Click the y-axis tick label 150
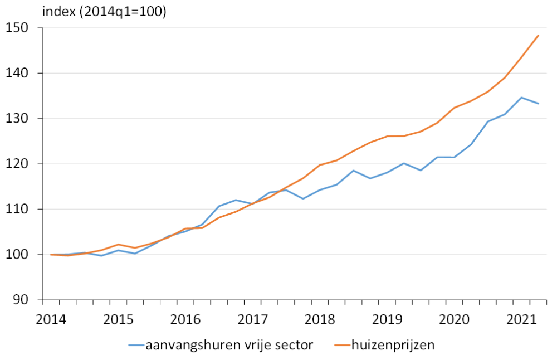(x=20, y=28)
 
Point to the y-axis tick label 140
(x=20, y=73)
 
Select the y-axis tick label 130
(x=20, y=119)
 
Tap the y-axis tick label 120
(x=20, y=164)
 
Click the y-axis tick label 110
(x=20, y=209)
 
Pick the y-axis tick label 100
(x=20, y=255)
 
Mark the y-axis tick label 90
(x=24, y=300)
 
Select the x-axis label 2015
(x=118, y=320)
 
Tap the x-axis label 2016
(x=185, y=320)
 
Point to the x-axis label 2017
(x=253, y=320)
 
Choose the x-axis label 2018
(x=320, y=320)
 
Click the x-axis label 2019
(x=388, y=320)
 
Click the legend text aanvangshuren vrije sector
(x=229, y=345)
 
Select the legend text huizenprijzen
(x=393, y=345)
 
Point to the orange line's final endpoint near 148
(x=539, y=36)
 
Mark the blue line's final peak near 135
(x=521, y=98)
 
